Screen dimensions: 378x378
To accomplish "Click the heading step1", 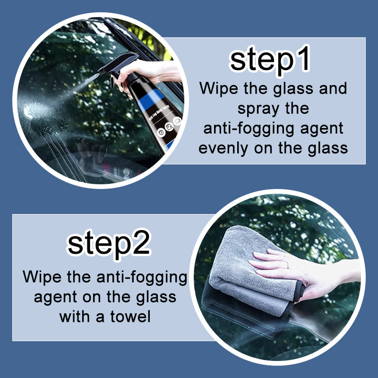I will click(x=270, y=61).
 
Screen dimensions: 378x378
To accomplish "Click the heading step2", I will click(x=109, y=244).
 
